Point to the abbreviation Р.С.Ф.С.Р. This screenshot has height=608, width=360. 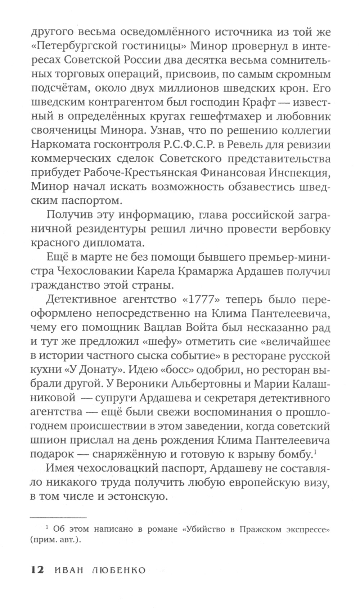tap(188, 145)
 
